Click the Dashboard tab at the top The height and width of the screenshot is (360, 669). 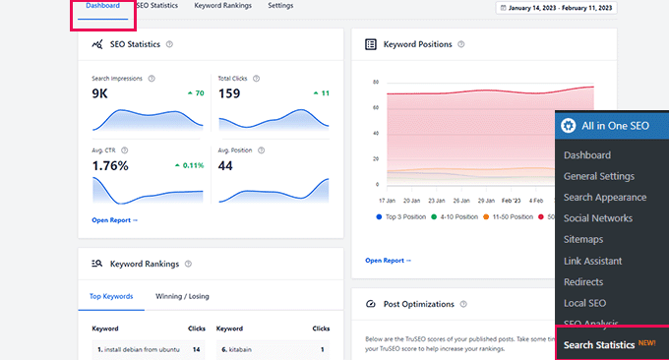102,6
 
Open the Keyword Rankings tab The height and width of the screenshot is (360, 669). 222,6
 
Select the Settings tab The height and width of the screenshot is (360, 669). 280,6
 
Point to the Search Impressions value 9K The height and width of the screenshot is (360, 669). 100,93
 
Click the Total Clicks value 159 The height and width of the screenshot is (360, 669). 228,93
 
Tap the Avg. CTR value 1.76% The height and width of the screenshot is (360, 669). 110,165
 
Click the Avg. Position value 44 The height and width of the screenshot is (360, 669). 225,165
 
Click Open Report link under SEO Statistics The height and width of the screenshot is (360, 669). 114,220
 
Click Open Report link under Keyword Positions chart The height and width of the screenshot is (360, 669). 388,261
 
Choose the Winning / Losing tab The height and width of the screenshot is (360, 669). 182,296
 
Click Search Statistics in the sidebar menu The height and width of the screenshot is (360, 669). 599,345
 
